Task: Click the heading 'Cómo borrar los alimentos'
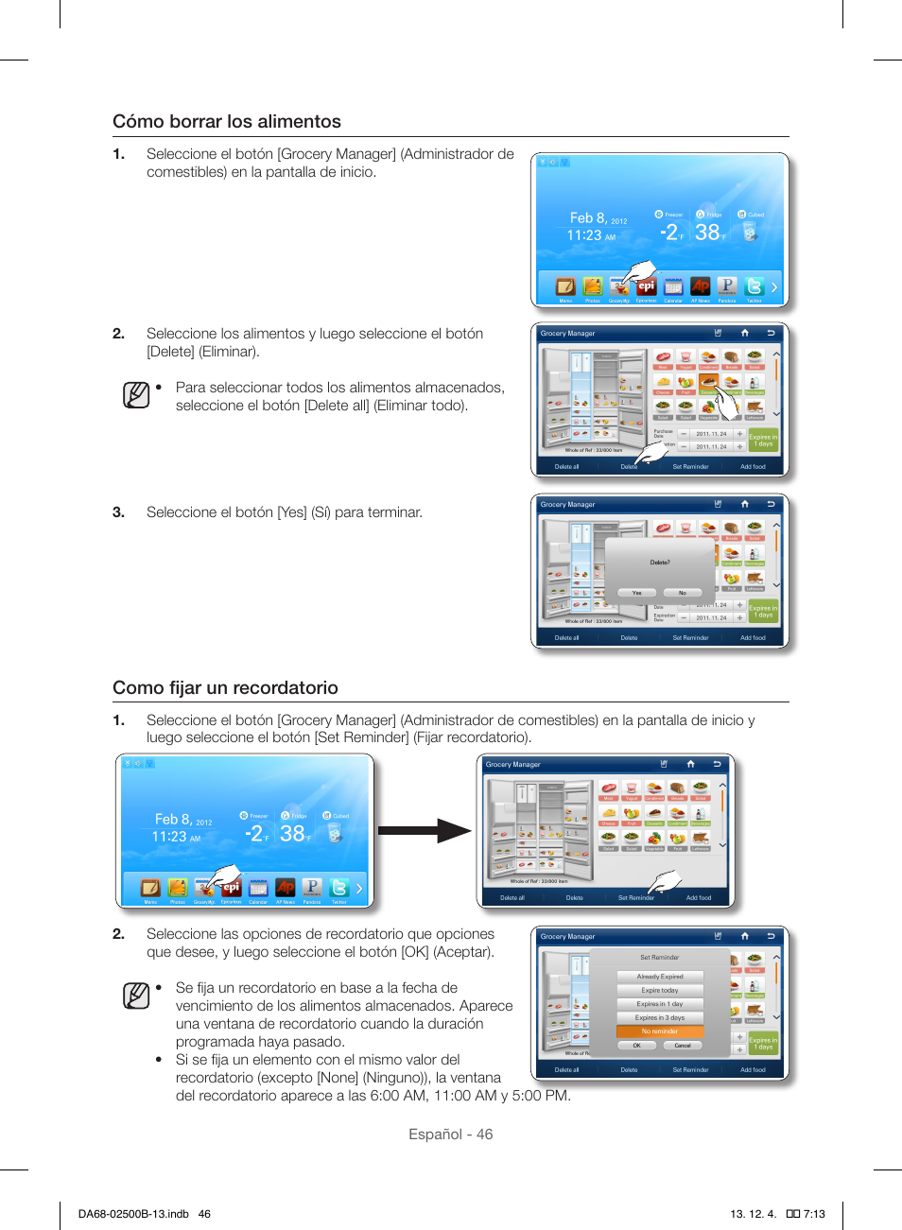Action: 227,122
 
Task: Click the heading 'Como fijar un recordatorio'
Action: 225,688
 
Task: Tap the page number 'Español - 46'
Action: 450,1135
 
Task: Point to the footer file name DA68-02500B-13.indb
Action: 133,1214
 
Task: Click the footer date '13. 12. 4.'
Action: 753,1214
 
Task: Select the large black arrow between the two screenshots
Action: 425,831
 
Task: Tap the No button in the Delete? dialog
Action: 682,593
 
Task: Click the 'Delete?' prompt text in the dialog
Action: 660,563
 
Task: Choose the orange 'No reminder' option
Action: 660,1031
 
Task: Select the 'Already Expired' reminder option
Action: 660,977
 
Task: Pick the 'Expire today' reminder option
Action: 660,990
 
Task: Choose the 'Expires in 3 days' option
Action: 660,1018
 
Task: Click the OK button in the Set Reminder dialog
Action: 637,1046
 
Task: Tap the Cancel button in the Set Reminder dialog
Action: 683,1046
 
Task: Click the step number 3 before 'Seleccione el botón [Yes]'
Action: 118,512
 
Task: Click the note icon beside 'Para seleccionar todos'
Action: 136,394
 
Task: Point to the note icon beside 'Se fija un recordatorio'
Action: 136,996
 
